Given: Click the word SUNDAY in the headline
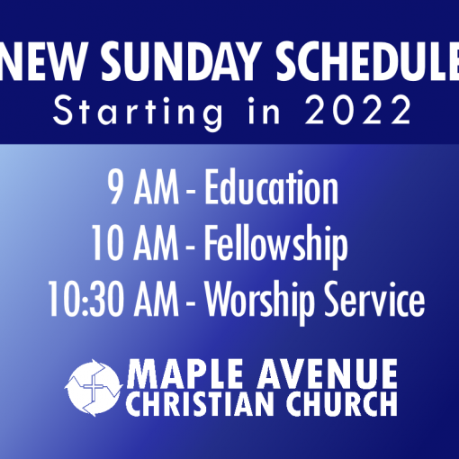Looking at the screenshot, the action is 179,61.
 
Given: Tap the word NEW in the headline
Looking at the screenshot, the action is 41,61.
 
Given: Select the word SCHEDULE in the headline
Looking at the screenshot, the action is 367,61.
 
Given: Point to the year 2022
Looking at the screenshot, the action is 358,111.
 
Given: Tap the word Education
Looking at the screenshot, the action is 272,187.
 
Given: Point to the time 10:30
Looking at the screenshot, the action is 85,299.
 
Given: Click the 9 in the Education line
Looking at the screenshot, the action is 115,188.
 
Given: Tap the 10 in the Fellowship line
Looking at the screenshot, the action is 107,243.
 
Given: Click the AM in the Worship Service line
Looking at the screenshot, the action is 156,299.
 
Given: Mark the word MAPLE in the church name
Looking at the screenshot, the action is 184,374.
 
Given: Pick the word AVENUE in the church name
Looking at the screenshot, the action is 327,374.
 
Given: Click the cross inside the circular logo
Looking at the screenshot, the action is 94,387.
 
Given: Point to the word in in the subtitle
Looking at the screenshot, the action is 264,111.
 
